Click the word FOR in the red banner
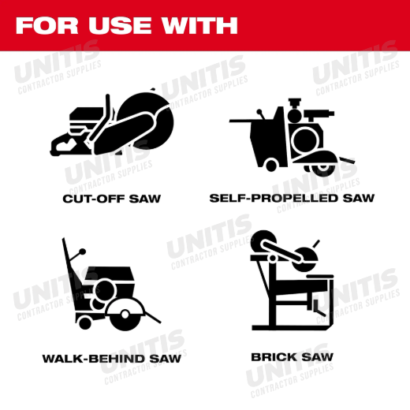(47, 25)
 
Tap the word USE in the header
(120, 25)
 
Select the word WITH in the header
(199, 25)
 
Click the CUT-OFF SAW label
(112, 199)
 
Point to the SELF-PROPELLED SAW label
(292, 198)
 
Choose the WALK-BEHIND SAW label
(112, 359)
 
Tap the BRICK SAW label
(292, 357)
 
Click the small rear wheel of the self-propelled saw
(271, 165)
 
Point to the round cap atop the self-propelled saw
(294, 115)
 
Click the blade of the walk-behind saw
(125, 315)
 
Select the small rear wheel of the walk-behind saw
(85, 322)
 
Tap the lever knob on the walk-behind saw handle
(83, 252)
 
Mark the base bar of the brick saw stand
(291, 327)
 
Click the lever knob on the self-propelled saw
(259, 111)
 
